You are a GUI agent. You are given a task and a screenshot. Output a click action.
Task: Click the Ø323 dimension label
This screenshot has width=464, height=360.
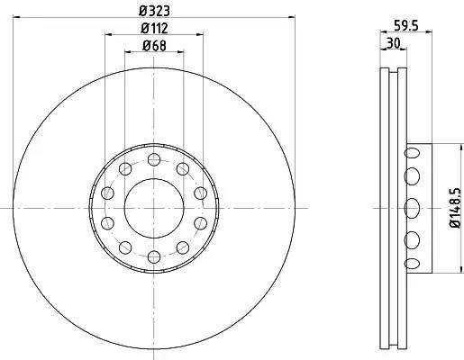pyautogui.click(x=154, y=11)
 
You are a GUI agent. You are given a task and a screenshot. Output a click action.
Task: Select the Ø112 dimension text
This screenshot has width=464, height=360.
pyautogui.click(x=154, y=29)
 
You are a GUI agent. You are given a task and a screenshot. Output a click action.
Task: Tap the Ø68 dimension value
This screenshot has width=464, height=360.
pyautogui.click(x=154, y=46)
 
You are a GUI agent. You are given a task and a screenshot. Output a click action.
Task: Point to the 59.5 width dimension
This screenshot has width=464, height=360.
pyautogui.click(x=406, y=26)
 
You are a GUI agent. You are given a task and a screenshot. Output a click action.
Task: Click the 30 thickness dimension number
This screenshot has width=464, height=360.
pyautogui.click(x=394, y=43)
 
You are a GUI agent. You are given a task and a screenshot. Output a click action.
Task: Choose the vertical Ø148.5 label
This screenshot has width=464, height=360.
pyautogui.click(x=455, y=208)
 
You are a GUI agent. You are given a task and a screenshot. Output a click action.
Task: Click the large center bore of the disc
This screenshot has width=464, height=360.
pyautogui.click(x=154, y=208)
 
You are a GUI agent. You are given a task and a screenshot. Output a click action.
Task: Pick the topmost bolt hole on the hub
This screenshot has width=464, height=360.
pyautogui.click(x=154, y=159)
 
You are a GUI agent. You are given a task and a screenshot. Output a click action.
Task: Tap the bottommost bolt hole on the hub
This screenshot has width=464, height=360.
pyautogui.click(x=154, y=256)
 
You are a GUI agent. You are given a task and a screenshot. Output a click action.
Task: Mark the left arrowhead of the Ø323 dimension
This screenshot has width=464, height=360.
pyautogui.click(x=17, y=17)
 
